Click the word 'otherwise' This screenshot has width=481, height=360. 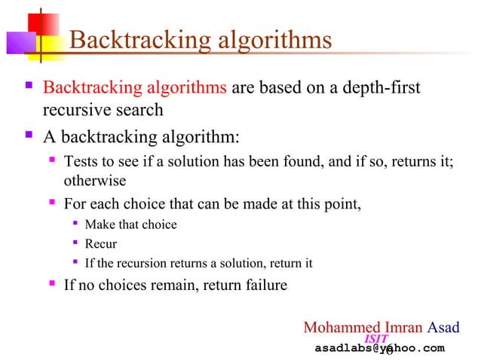[x=94, y=182]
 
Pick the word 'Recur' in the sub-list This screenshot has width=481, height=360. [x=101, y=244]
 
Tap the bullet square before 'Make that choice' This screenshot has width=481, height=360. [x=75, y=224]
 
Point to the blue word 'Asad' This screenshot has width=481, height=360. [x=444, y=328]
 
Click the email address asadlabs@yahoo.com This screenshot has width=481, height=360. [x=379, y=348]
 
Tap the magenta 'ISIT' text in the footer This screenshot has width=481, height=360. [x=376, y=339]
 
